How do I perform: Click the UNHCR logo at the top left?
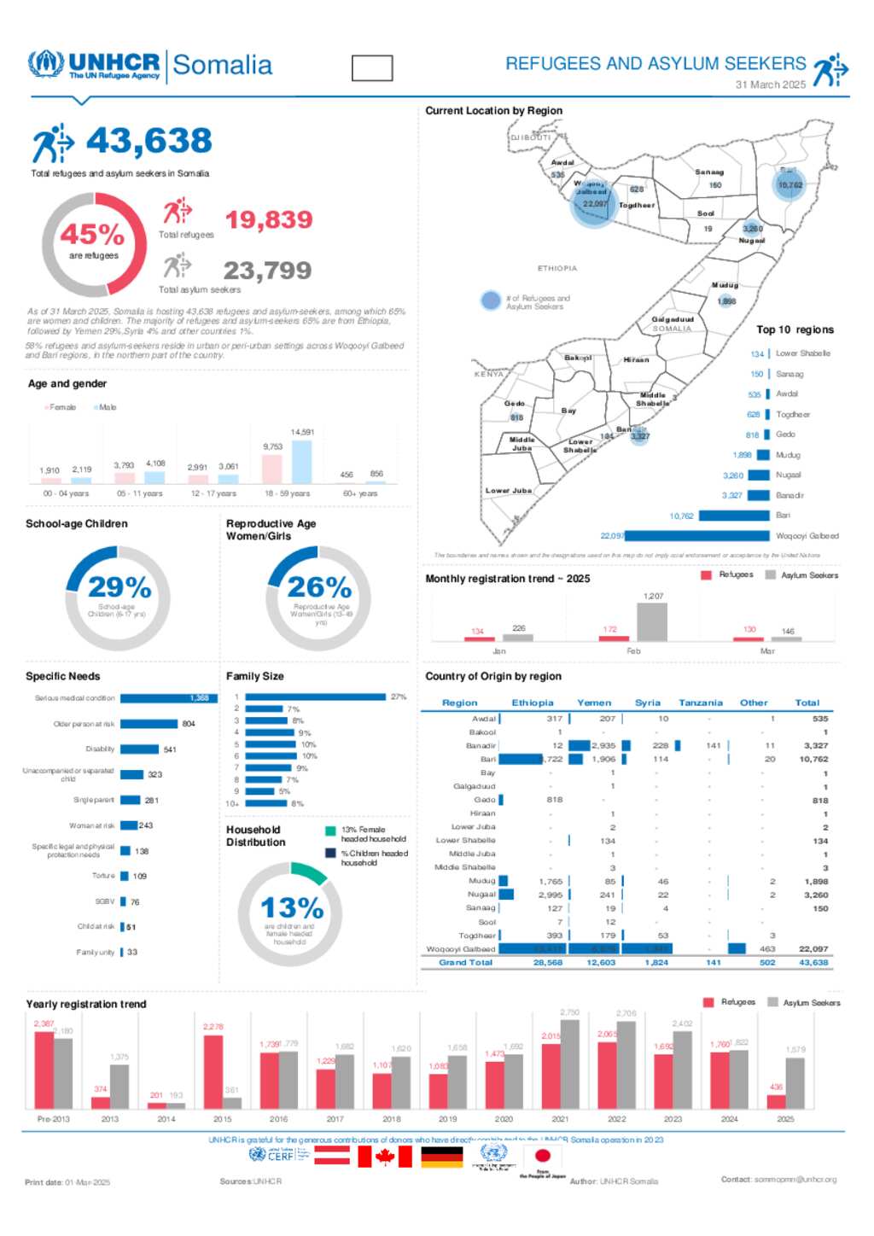coord(94,65)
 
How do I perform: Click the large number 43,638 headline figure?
coord(149,141)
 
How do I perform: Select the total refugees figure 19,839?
coord(269,220)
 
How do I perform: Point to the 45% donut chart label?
coord(92,234)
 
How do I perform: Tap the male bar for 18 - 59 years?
coord(302,461)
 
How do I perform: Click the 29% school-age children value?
coord(119,587)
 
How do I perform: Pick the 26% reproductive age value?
coord(319,587)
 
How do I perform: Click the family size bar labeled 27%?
coord(315,697)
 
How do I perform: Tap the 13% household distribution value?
coord(292,907)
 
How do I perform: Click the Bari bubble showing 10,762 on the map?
coord(790,184)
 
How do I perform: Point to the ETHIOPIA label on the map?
coord(557,268)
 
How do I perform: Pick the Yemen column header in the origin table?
coord(594,703)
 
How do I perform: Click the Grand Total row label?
coord(465,962)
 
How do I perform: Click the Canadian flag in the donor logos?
coord(384,1157)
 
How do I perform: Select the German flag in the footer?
coord(442,1157)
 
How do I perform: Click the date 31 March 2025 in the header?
coord(770,85)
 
